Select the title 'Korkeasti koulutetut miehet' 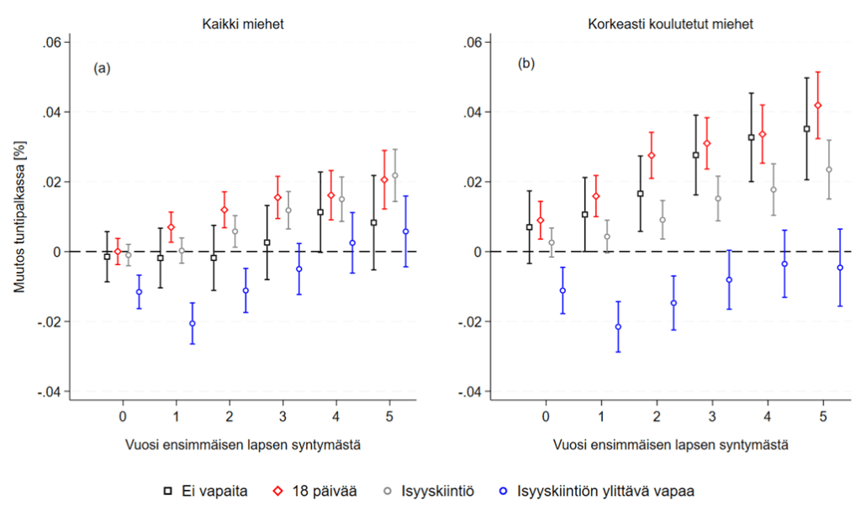click(x=670, y=24)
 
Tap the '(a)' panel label click(x=102, y=69)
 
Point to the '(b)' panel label click(x=526, y=64)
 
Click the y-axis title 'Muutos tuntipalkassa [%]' click(x=18, y=217)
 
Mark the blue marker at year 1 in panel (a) click(x=193, y=323)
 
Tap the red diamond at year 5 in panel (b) click(x=818, y=105)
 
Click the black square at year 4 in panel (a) click(x=320, y=212)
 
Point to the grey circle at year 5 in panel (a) click(x=395, y=175)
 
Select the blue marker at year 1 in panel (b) click(x=618, y=327)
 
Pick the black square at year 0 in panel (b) click(x=529, y=227)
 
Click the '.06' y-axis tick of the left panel click(x=50, y=42)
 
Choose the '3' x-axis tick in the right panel click(x=711, y=416)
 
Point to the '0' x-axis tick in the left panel click(x=123, y=416)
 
